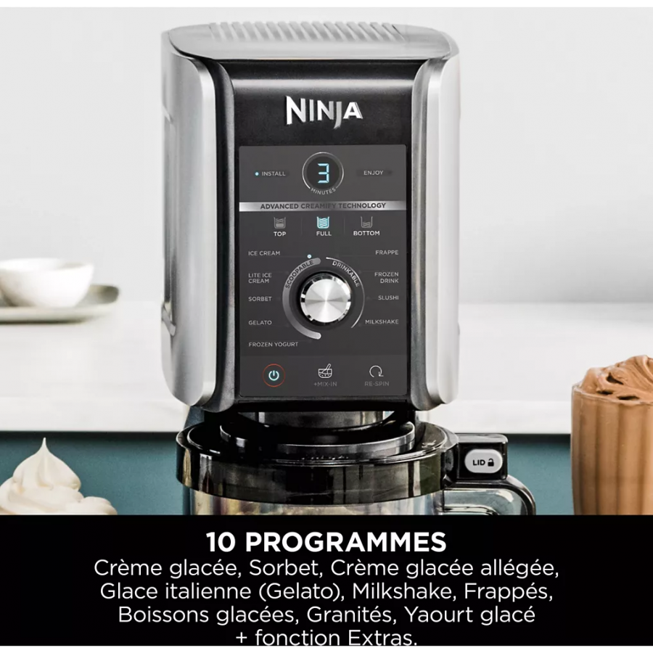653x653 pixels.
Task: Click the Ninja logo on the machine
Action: (324, 110)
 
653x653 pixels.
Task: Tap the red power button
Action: (274, 376)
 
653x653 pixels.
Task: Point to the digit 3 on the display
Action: (324, 173)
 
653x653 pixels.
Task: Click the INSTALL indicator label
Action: (271, 174)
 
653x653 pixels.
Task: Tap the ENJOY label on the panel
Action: (374, 173)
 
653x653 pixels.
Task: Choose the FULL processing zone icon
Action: (324, 226)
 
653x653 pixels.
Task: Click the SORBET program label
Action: (260, 299)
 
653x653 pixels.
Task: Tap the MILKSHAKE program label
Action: (381, 321)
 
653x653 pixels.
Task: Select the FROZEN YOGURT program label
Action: (273, 345)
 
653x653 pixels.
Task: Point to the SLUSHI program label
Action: (387, 298)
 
